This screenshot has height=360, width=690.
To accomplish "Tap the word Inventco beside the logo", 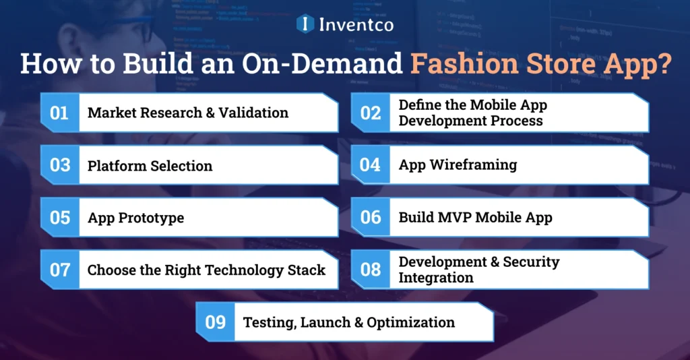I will point(355,25).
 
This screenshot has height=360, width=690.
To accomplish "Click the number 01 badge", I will point(60,113).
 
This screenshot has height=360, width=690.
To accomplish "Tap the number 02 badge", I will point(371,113).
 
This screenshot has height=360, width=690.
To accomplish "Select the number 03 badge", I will point(60,165).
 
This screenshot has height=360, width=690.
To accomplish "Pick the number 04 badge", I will point(371,165).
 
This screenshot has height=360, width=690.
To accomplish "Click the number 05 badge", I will point(60,218).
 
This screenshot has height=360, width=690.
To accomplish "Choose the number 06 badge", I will point(371,218).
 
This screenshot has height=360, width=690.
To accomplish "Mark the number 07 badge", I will point(60,270).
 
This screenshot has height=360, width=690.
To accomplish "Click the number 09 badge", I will point(216,322).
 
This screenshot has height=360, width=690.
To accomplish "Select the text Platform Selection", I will point(150,166).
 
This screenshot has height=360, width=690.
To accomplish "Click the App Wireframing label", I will point(458,165).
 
